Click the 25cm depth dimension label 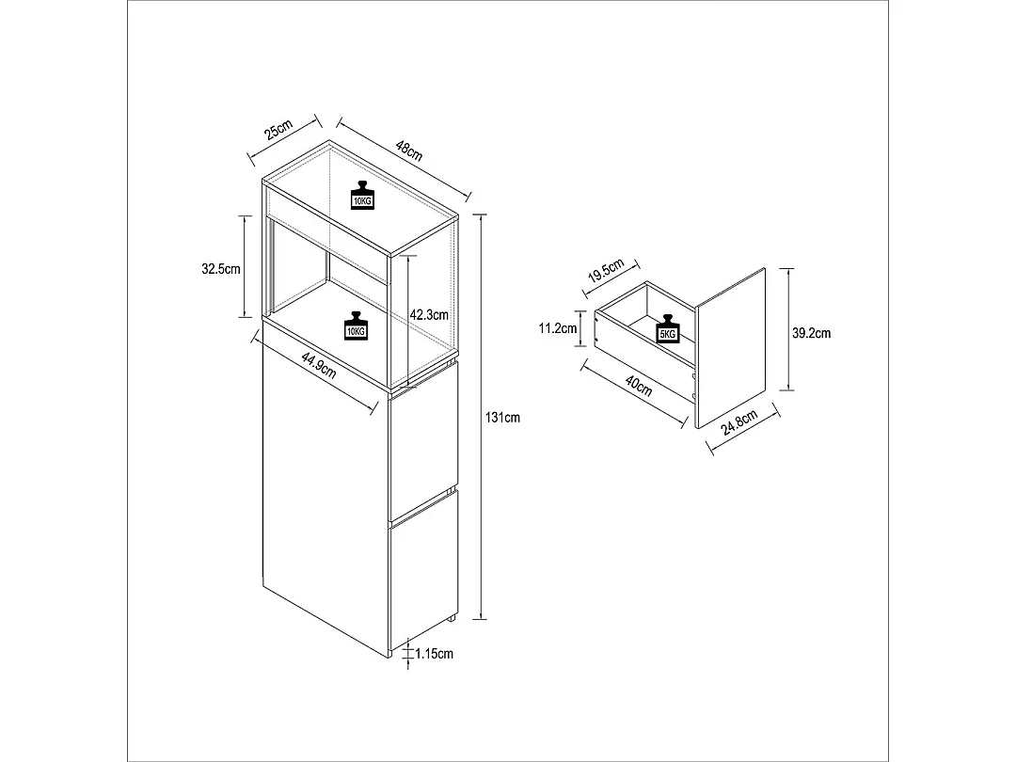[279, 130]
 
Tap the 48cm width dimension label [409, 151]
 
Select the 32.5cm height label [221, 268]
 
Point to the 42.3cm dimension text [429, 315]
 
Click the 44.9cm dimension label [319, 364]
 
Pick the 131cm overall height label [502, 418]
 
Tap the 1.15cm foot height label [434, 654]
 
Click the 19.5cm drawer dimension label [606, 270]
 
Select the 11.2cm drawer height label [558, 328]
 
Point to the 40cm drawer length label [639, 386]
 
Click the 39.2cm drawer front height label [811, 333]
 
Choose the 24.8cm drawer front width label [739, 423]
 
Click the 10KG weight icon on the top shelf [362, 195]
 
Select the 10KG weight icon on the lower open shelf [356, 325]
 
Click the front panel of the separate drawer [730, 348]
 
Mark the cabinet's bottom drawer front [424, 570]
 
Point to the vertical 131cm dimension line [480, 417]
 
